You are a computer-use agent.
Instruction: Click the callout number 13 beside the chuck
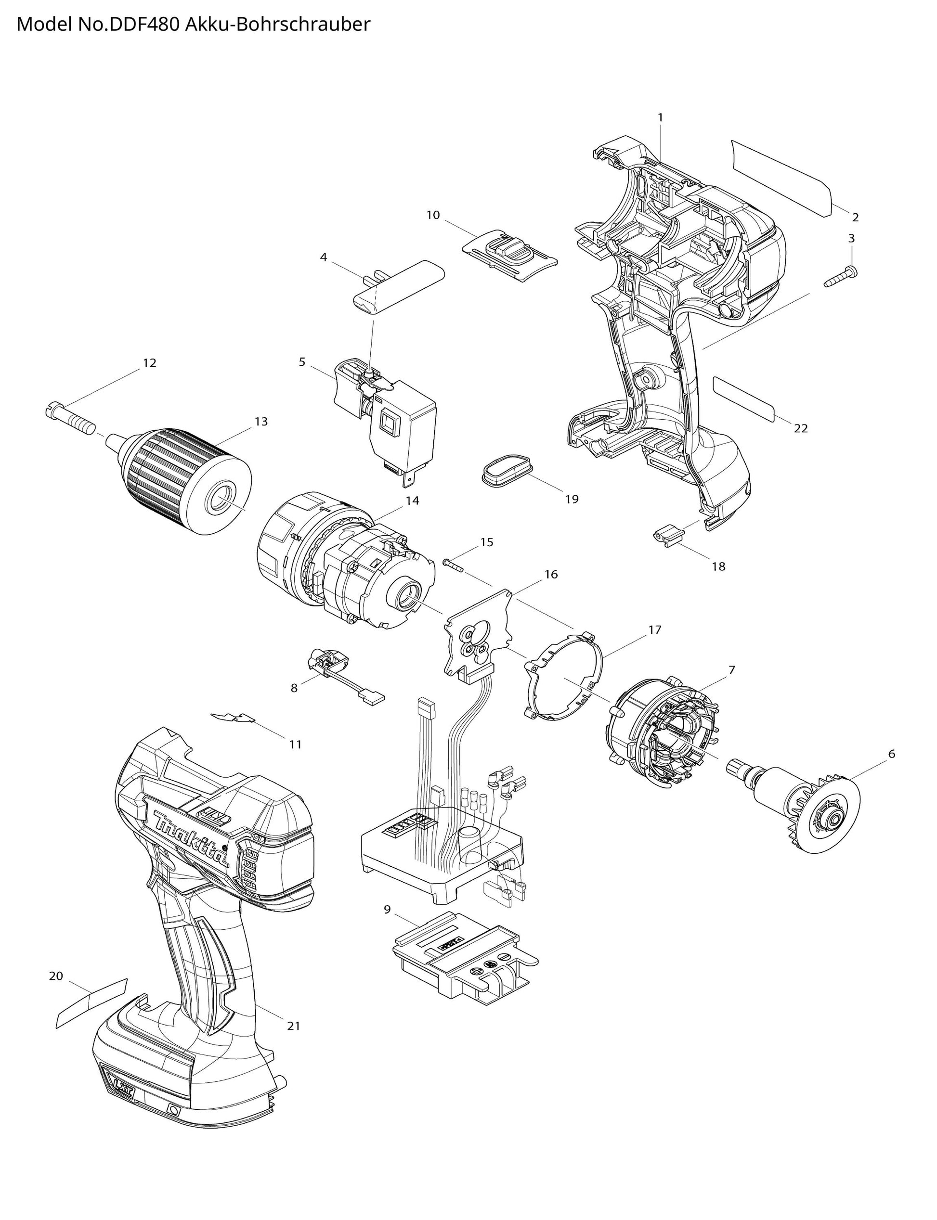261,421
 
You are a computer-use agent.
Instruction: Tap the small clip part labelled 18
668,537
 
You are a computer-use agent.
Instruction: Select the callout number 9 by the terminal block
387,910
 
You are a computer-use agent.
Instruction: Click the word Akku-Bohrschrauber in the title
277,25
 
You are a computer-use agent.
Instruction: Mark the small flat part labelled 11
233,719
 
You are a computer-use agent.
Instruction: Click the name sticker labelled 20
92,1003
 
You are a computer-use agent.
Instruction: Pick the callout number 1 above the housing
660,117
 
